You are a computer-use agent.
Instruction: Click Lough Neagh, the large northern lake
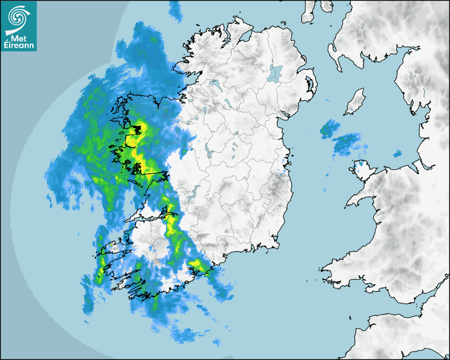(x=276, y=73)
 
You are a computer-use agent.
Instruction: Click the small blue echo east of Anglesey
(x=397, y=154)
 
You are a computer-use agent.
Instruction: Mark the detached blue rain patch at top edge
(x=174, y=7)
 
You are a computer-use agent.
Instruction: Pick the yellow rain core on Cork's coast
(x=197, y=264)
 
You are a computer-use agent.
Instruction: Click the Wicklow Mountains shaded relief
(x=275, y=185)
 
